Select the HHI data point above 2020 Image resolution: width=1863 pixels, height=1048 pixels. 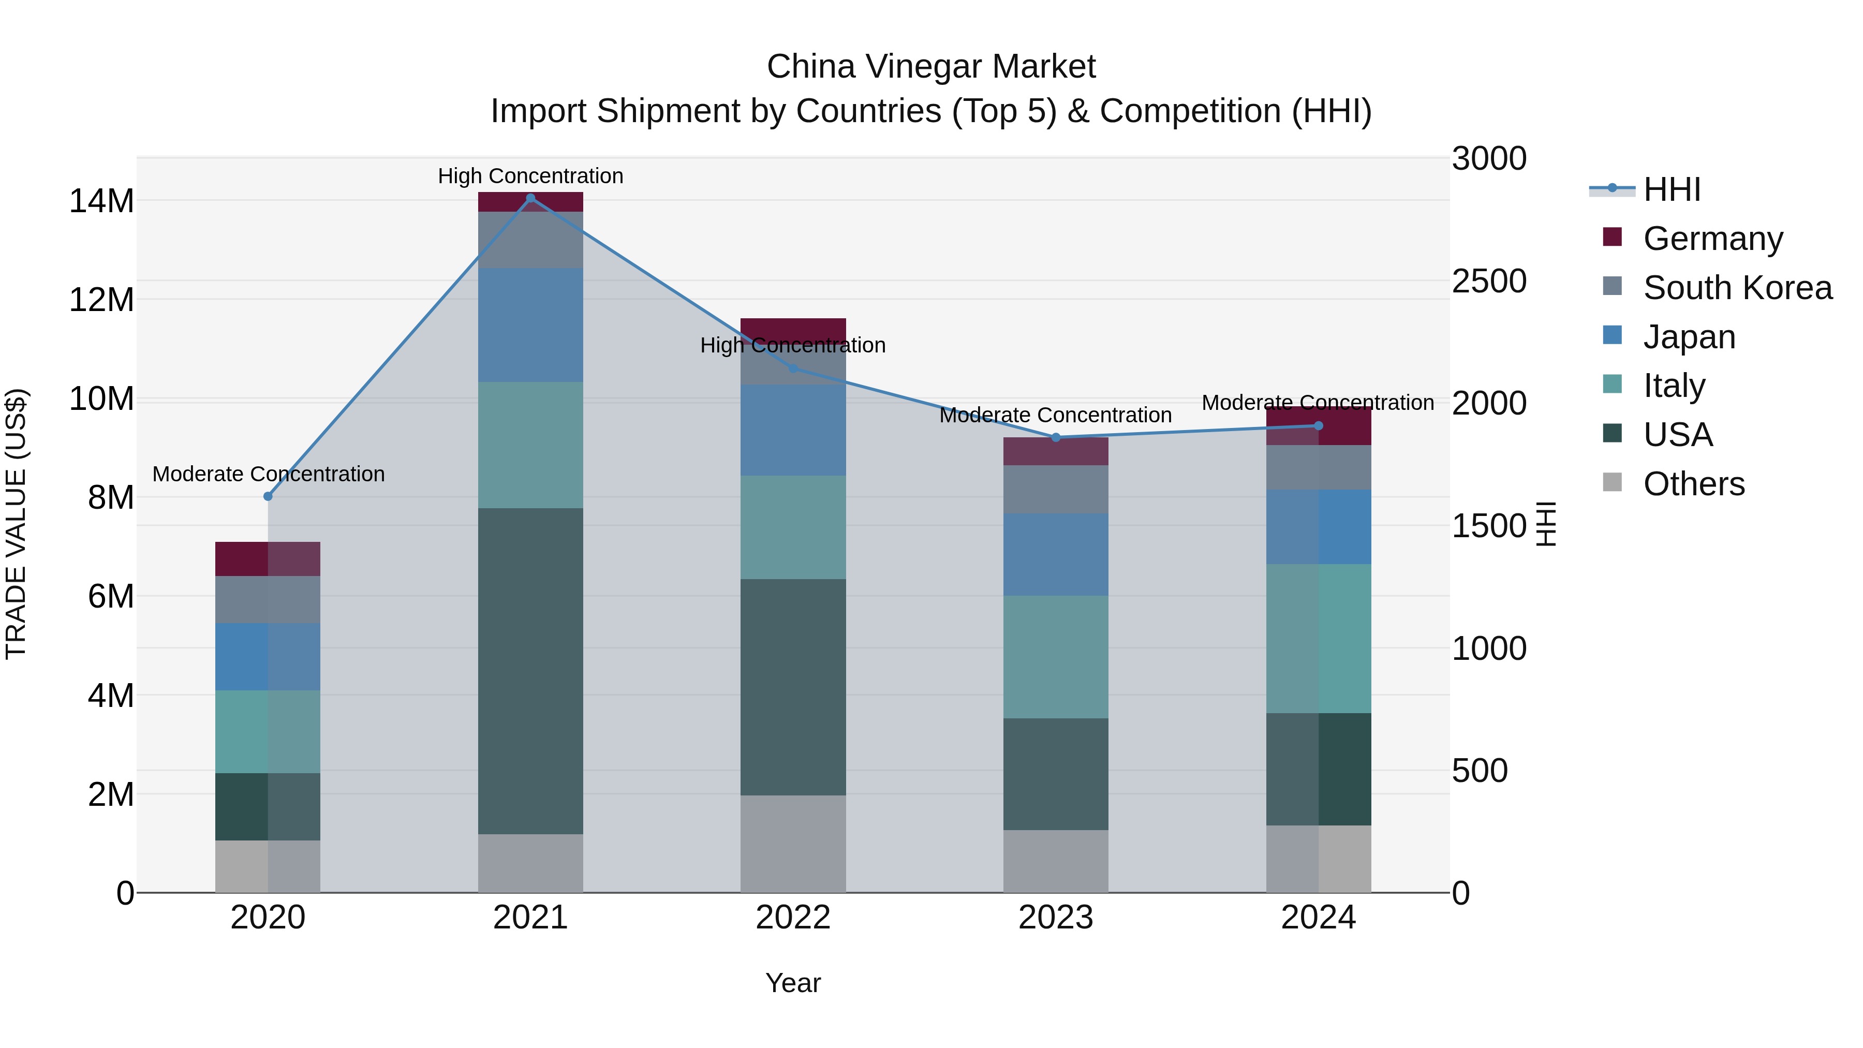point(268,496)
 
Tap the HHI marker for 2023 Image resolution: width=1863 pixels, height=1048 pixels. point(1055,437)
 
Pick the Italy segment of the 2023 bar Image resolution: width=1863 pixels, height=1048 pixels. point(1055,657)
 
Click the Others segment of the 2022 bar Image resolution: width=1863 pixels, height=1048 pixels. point(793,844)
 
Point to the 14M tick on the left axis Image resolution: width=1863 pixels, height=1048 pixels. point(101,201)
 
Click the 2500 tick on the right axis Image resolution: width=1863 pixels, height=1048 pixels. point(1488,282)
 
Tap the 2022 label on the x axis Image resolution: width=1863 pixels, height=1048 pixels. point(793,918)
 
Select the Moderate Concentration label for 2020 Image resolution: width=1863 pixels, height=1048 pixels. point(268,474)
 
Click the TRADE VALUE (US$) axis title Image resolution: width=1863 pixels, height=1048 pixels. point(16,524)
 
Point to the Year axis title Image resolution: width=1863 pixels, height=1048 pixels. point(793,983)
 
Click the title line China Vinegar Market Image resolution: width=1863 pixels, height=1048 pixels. point(931,67)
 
